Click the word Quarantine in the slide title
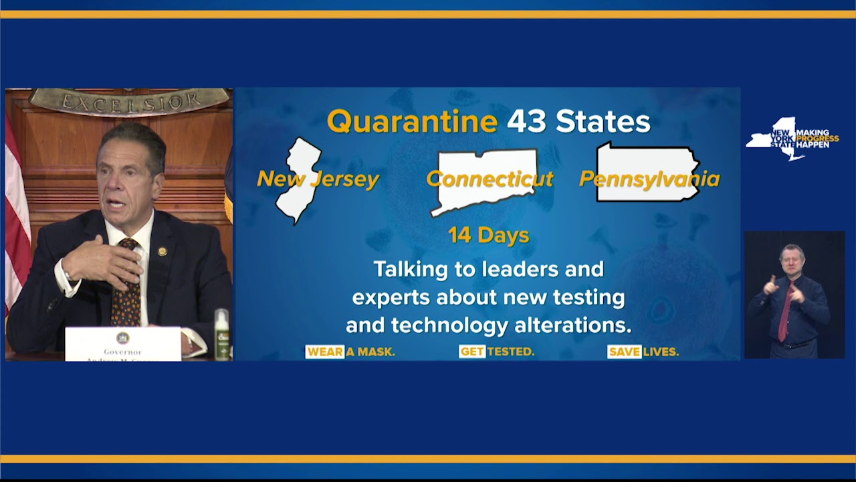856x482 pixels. pos(412,122)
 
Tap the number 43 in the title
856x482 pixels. pos(526,122)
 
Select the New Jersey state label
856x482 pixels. pos(318,179)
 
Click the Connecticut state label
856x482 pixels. pos(490,179)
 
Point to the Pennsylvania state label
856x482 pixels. pos(649,179)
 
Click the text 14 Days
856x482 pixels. pos(488,236)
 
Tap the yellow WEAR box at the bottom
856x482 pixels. pos(325,351)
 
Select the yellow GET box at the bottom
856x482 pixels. pos(472,351)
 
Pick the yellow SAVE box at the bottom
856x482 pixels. pos(624,351)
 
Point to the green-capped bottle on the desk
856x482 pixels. pos(221,334)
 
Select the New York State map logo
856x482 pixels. pos(776,139)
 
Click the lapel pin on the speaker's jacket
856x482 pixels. pos(162,252)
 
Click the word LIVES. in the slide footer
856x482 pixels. pos(661,351)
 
